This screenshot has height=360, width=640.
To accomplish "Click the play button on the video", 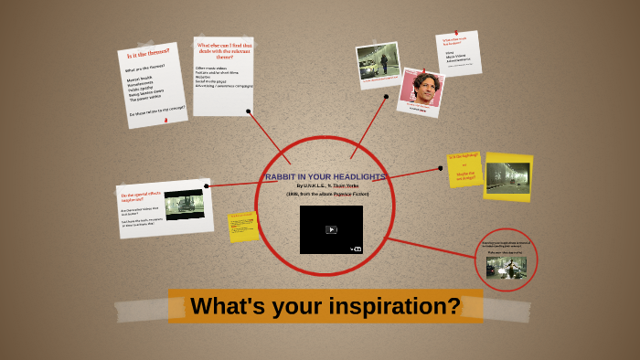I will (x=331, y=229).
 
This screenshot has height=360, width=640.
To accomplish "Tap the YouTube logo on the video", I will (x=356, y=248).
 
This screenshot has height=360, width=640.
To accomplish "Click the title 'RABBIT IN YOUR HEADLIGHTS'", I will (x=325, y=176).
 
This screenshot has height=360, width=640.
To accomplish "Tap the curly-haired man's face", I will (x=422, y=87).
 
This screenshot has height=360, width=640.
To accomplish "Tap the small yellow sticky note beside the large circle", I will (x=243, y=226).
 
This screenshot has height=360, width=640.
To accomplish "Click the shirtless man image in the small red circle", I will (x=506, y=267).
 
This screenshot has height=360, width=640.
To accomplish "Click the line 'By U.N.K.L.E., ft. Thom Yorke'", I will (x=326, y=185).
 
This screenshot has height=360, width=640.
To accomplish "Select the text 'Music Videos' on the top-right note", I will (x=454, y=57).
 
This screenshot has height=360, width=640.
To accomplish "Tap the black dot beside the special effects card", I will (x=207, y=185).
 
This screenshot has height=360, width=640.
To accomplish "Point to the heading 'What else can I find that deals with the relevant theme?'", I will (x=221, y=48).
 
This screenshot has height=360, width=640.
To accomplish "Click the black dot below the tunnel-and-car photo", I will (x=387, y=96).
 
